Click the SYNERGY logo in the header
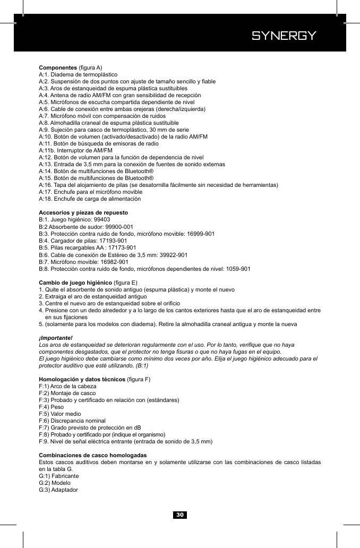tap(284, 36)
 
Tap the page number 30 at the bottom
tap(180, 515)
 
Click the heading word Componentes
tap(58, 68)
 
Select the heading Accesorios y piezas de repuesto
tap(83, 212)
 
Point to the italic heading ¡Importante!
tap(56, 338)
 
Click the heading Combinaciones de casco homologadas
tap(93, 456)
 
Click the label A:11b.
tap(47, 151)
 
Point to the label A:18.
tap(46, 199)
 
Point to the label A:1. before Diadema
tap(45, 75)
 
